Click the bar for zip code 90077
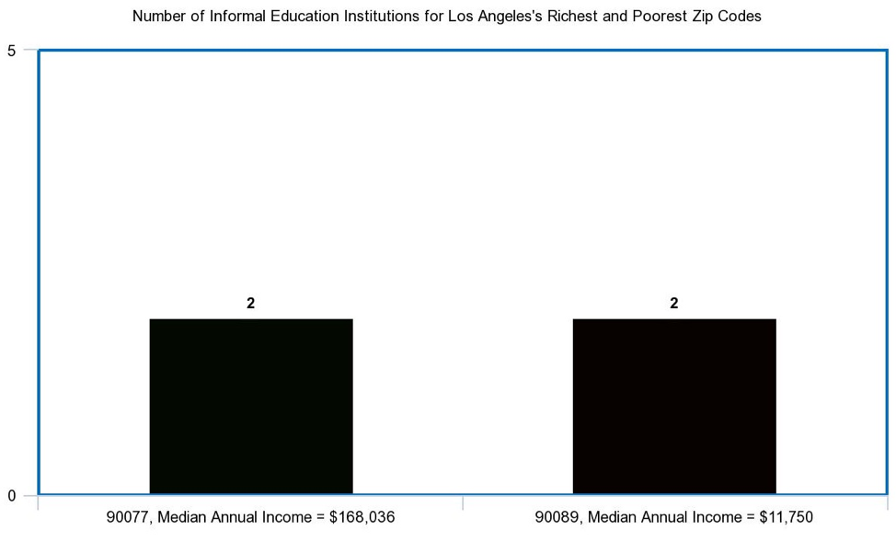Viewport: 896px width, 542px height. coord(251,406)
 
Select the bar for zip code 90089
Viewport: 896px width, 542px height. coord(674,406)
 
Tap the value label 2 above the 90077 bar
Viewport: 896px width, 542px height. coord(250,303)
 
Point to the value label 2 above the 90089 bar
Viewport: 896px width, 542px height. coord(674,303)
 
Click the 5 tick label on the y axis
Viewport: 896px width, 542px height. coord(12,51)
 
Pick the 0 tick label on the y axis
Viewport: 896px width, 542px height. coord(12,496)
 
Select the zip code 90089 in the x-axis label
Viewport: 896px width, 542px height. coord(555,517)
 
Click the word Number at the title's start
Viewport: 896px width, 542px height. coord(159,17)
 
